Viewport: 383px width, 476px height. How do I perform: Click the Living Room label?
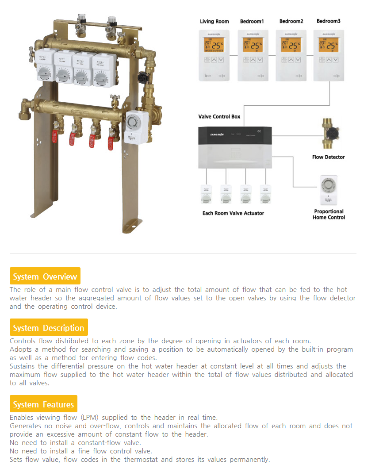click(x=214, y=21)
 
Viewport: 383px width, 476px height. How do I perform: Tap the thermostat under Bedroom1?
click(x=253, y=55)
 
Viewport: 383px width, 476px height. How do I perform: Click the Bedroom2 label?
click(x=291, y=21)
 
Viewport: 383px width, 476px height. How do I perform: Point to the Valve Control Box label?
click(x=219, y=116)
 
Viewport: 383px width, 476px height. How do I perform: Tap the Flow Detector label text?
click(x=328, y=157)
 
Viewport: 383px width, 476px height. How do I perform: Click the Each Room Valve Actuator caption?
click(x=233, y=213)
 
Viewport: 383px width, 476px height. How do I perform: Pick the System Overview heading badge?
click(x=45, y=277)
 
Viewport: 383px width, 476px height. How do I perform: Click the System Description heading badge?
click(x=49, y=328)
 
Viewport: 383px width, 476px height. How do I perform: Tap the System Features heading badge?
click(x=43, y=405)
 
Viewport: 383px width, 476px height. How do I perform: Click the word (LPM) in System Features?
click(x=91, y=418)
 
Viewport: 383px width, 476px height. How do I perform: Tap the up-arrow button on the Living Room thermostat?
click(x=214, y=60)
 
